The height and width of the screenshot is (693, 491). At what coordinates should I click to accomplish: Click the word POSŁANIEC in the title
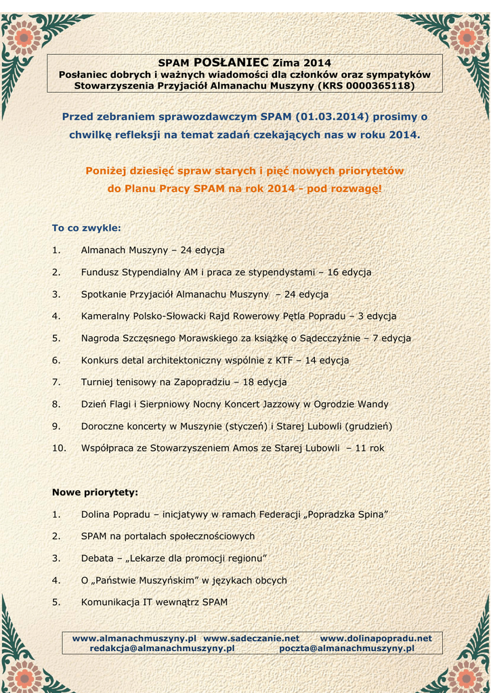(x=231, y=62)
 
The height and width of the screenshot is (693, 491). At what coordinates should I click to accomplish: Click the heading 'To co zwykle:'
(x=87, y=228)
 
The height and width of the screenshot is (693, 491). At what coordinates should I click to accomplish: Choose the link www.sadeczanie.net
(x=251, y=638)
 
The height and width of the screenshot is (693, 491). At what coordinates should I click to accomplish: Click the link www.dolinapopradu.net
(x=376, y=638)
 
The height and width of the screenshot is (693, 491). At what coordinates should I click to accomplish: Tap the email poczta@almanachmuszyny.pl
(x=347, y=648)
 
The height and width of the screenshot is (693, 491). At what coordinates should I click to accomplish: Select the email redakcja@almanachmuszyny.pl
(x=162, y=648)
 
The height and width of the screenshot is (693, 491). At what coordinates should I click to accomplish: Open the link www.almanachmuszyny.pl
(x=134, y=638)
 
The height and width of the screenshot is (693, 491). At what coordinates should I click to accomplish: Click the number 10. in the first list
(x=59, y=448)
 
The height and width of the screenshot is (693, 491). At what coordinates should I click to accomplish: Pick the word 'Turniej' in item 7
(x=98, y=382)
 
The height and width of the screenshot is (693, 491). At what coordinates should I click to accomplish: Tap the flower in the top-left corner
(x=24, y=37)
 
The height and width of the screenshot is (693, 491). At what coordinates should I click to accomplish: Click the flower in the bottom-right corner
(x=466, y=673)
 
